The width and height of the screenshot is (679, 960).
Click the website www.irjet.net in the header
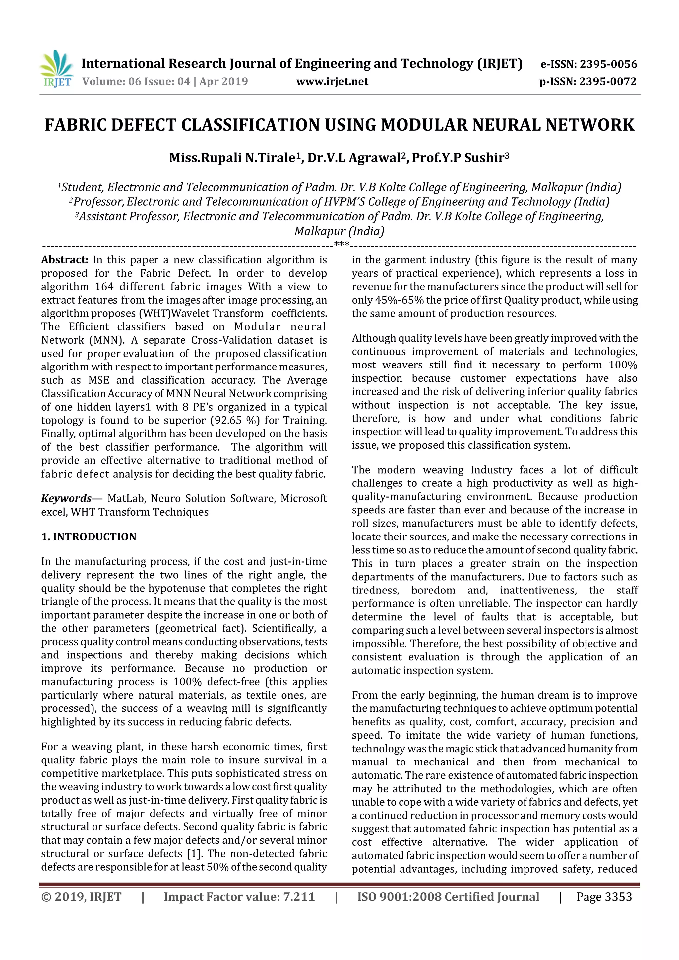332,82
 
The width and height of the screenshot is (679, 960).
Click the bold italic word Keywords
66,498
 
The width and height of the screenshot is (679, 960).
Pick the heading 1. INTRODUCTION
89,537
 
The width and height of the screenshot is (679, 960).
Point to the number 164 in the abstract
104,287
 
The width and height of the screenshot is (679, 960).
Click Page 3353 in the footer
604,897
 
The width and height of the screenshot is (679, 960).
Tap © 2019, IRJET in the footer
81,897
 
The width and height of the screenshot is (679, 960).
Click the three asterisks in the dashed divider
342,244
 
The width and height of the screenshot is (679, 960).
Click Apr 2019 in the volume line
223,82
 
